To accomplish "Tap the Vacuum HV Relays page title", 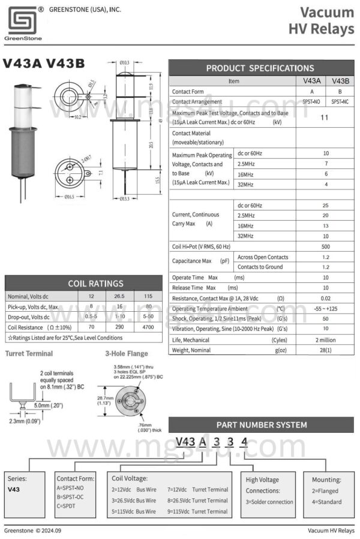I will click(x=321, y=20).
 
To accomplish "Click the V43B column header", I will click(x=340, y=80).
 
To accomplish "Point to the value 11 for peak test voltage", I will click(x=324, y=118).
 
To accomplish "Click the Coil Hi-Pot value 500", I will click(x=326, y=246).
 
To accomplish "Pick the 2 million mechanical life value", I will click(x=326, y=339).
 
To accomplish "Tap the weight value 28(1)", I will click(x=326, y=350).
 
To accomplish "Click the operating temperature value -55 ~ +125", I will click(x=326, y=308).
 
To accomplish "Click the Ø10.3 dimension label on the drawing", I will click(x=125, y=62).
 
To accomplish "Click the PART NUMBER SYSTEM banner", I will click(x=261, y=424).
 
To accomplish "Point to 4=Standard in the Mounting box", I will click(x=326, y=502).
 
